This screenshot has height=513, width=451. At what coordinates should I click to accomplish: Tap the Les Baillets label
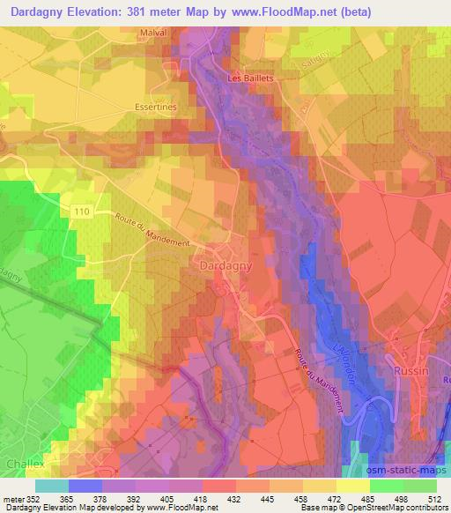[x=250, y=78]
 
